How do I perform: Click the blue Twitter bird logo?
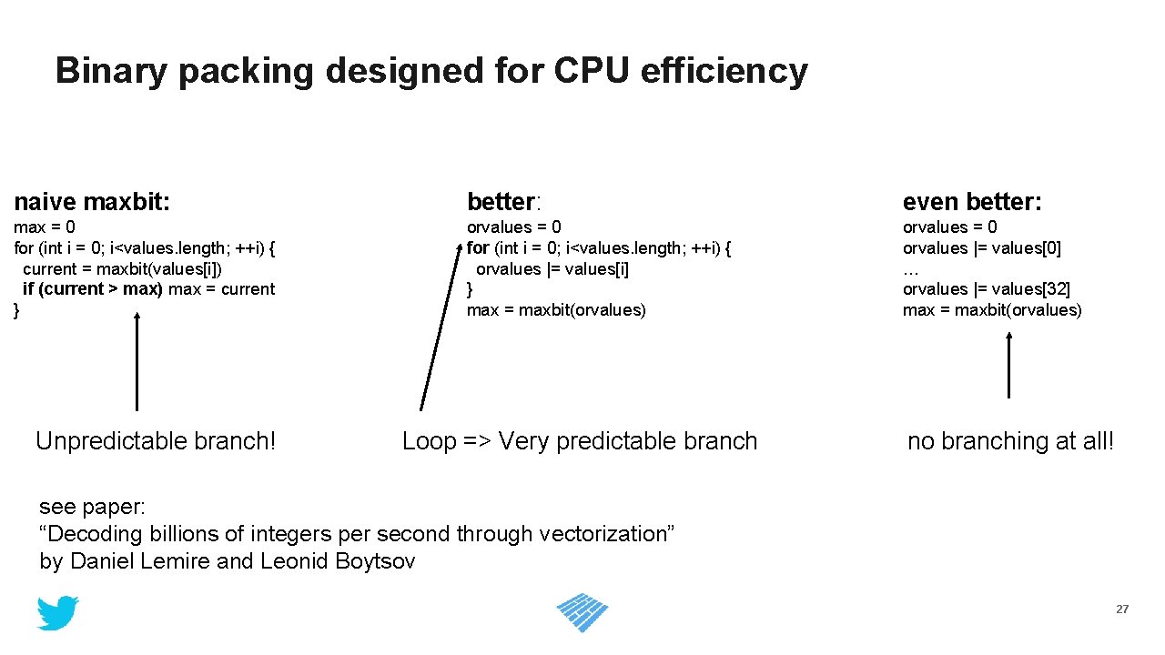[x=57, y=613]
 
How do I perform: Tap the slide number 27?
[x=1122, y=610]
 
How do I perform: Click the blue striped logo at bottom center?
[x=582, y=612]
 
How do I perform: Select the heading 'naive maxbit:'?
[x=92, y=201]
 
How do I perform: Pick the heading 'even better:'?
[x=972, y=201]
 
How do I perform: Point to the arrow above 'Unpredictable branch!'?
[x=137, y=361]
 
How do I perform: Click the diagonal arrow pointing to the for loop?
[x=440, y=327]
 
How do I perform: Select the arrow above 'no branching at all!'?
[x=1008, y=364]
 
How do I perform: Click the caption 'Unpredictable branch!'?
[x=156, y=441]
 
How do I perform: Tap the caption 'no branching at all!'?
[x=1010, y=441]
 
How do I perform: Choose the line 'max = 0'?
[x=45, y=227]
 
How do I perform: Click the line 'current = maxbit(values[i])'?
[x=122, y=268]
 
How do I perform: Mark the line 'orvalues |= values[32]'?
[x=986, y=289]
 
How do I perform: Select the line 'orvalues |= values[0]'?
[x=981, y=247]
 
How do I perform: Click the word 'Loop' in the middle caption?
[x=429, y=441]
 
